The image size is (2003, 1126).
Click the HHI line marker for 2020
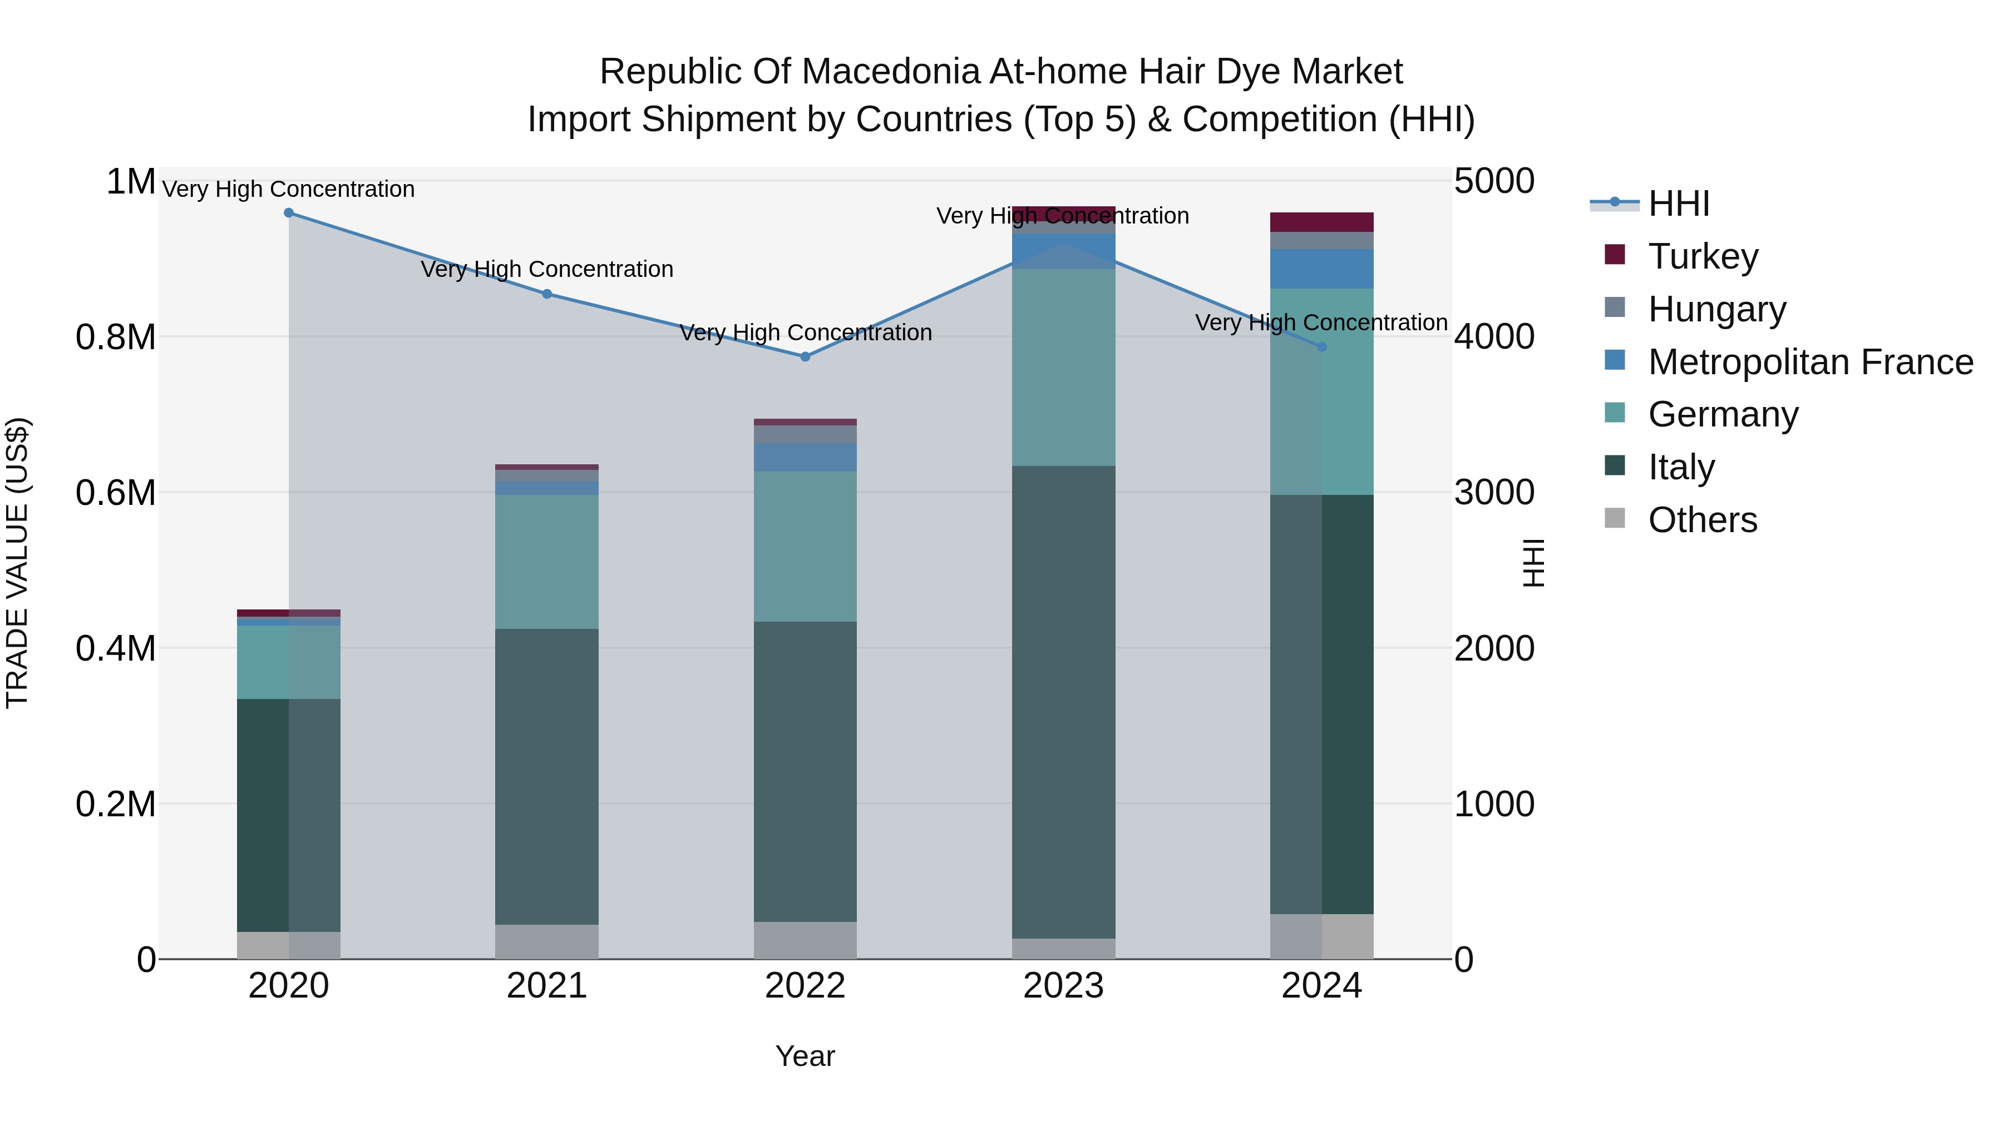coord(288,213)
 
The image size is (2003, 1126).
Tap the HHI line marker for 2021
coord(546,294)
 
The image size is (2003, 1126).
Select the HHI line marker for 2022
coord(805,356)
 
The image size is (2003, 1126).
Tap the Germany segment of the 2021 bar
coord(546,561)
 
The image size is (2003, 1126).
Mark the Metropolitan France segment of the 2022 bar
coord(805,457)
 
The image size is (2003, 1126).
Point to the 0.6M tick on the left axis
coord(115,493)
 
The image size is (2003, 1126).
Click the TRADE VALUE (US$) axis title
coord(17,563)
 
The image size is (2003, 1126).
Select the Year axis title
coord(805,1056)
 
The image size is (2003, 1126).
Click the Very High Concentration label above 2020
coord(288,189)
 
